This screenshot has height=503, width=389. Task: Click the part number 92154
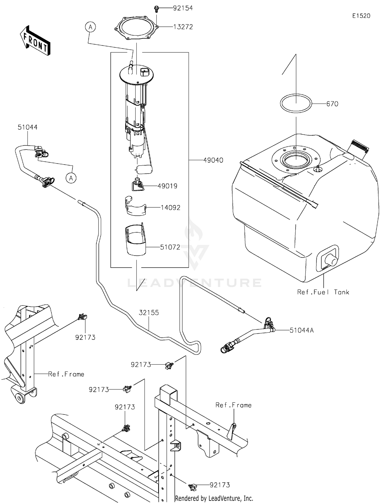183,8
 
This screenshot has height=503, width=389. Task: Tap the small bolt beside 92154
156,9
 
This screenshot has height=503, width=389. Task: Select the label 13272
183,27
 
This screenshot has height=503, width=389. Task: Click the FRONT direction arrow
35,41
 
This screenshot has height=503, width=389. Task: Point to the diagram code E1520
361,16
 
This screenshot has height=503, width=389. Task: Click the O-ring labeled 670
296,103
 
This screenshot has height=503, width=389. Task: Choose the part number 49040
213,160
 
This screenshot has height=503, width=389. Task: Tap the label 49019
167,186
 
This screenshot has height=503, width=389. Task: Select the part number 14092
170,207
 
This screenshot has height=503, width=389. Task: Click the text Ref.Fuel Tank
323,292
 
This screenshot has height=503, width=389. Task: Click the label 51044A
301,330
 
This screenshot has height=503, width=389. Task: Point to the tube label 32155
149,312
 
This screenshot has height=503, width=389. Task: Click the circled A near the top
90,27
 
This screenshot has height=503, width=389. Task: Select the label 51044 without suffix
27,127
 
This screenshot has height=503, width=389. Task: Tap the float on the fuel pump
144,169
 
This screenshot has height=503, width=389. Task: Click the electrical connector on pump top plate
144,72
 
